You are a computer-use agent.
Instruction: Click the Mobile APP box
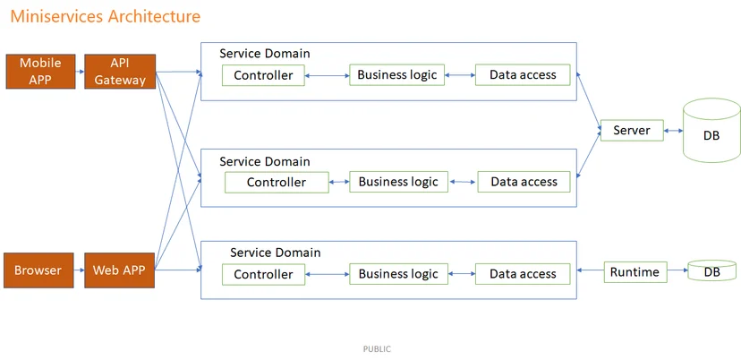(x=40, y=72)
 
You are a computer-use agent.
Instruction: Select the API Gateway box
(x=120, y=72)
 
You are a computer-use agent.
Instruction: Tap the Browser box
(x=38, y=270)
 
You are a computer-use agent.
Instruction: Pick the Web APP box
(x=120, y=270)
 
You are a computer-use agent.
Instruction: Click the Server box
(x=632, y=130)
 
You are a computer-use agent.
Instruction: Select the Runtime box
(x=635, y=272)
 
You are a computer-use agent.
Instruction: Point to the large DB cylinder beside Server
(x=711, y=130)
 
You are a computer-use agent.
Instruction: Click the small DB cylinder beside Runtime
(x=711, y=270)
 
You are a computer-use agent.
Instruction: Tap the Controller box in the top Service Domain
(x=263, y=75)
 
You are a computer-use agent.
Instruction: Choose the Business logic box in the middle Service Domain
(x=398, y=182)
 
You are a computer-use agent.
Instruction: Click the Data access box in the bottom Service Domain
(x=523, y=274)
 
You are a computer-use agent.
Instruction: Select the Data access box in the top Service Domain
(x=523, y=74)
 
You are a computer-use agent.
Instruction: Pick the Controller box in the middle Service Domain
(x=277, y=182)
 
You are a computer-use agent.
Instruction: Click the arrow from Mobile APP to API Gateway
(x=80, y=72)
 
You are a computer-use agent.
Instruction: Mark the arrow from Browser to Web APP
(x=79, y=270)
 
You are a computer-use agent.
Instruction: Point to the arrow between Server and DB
(x=673, y=131)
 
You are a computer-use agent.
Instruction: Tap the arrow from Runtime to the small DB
(x=677, y=270)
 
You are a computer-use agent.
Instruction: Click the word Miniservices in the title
(x=57, y=16)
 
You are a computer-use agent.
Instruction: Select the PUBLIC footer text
(x=377, y=349)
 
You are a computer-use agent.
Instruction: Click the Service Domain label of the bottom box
(x=275, y=253)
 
